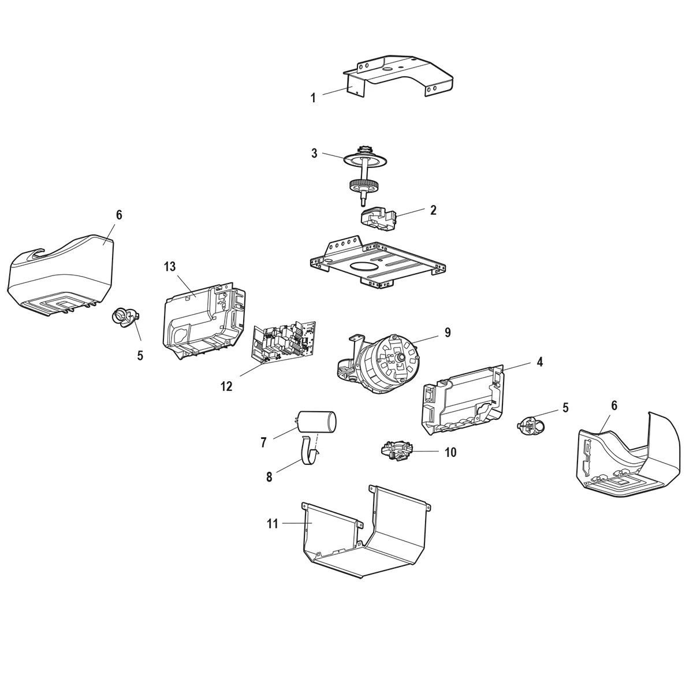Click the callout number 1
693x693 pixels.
point(313,98)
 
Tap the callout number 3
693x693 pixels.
point(314,153)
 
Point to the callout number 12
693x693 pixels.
point(226,386)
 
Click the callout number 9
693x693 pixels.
point(447,333)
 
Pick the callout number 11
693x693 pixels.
point(273,524)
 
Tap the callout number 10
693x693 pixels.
point(450,452)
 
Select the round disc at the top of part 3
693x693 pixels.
point(364,158)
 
